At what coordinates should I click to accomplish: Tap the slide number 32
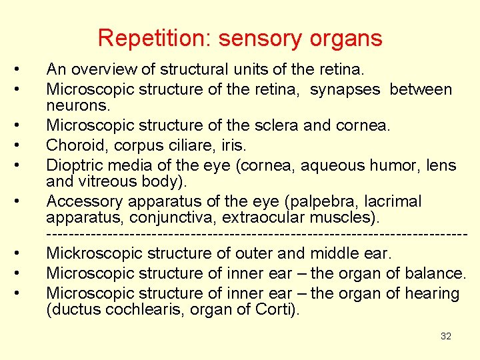tap(446, 336)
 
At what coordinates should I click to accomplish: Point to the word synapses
tap(347, 89)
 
